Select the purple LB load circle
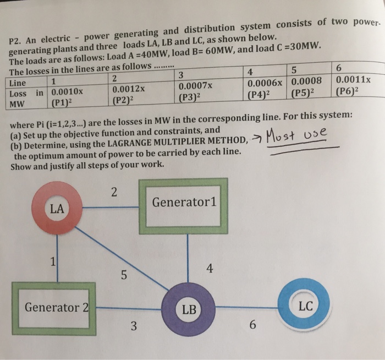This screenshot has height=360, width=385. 189,309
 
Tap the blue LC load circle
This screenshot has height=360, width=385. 305,306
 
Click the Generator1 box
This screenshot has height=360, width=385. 184,203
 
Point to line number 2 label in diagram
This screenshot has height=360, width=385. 113,192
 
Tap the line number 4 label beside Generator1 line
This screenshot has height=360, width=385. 209,269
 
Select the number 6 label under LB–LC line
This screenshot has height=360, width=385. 252,326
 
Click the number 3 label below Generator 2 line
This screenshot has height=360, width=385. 134,326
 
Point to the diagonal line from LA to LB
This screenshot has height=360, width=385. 121,256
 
